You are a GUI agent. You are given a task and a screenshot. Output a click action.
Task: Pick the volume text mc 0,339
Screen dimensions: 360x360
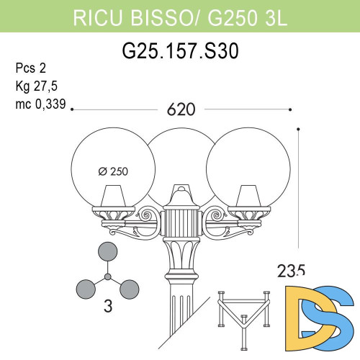pos(40,104)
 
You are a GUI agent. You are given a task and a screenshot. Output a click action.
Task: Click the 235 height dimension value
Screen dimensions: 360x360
pos(292,271)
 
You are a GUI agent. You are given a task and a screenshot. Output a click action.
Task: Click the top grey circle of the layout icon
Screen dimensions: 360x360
pos(107,252)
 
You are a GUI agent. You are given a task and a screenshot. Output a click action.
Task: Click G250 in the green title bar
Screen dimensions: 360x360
pos(227,18)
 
